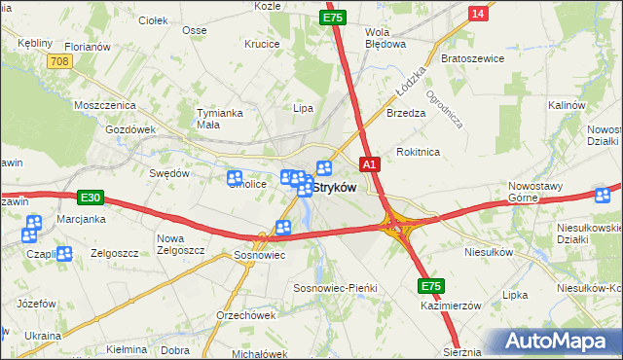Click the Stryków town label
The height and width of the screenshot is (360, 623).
pos(334,187)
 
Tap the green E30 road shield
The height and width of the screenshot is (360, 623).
pos(91,198)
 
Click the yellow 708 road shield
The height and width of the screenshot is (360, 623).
pos(59,61)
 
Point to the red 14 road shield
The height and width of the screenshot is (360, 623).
pos(477,13)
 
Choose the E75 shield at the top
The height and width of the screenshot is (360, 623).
pos(334,18)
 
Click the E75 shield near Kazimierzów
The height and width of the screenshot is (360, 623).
pos(432,286)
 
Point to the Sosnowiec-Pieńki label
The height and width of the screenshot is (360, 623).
pos(335,289)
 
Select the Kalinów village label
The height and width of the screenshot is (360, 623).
pos(566,105)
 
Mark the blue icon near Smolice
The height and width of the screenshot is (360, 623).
pos(235,178)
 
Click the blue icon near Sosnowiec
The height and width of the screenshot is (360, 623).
pos(283,229)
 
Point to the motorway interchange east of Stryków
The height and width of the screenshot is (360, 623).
pos(398,227)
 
